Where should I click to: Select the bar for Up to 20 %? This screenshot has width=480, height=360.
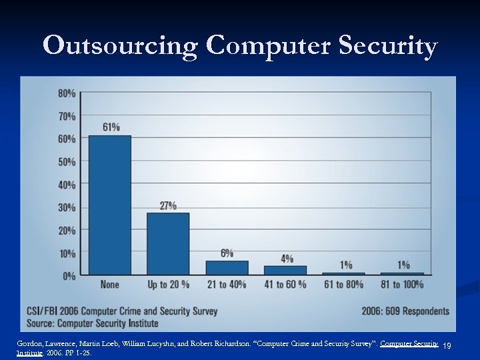pos(168,244)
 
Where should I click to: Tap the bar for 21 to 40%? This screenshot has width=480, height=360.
pos(227,268)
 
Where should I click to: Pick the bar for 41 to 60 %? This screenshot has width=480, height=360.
pos(285,270)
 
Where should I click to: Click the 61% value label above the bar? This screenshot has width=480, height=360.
pos(111,127)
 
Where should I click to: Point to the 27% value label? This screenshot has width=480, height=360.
pos(168,205)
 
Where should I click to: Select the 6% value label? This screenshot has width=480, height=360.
pos(227,253)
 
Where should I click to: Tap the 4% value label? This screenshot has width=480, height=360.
pos(287,258)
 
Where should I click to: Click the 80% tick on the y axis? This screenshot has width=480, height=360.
pos(67,93)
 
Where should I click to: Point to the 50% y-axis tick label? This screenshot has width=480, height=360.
pos(67,162)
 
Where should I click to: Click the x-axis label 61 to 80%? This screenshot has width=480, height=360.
pos(344,285)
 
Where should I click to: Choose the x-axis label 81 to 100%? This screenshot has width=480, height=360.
pos(402,285)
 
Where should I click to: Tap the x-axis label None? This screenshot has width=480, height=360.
pos(110,285)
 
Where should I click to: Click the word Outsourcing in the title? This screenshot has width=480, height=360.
pos(120,47)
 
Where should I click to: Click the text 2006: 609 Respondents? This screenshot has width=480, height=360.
pos(405,311)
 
